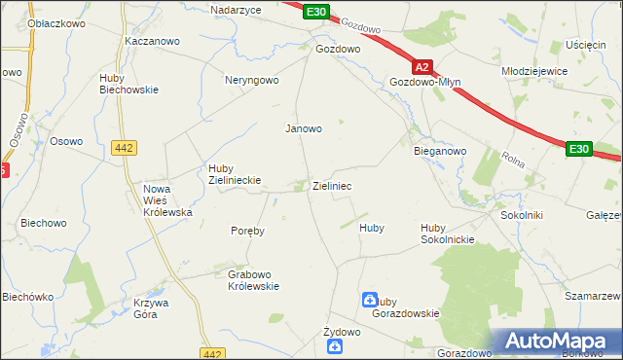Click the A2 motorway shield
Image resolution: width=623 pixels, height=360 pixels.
(421, 68)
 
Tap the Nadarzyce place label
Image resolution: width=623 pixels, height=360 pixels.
(239, 9)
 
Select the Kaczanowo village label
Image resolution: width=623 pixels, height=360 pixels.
(149, 42)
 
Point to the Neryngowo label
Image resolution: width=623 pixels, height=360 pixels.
(252, 80)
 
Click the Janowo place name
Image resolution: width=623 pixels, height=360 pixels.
(303, 127)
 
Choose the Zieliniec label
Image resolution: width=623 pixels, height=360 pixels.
(331, 185)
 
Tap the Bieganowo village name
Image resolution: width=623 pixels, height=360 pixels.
(440, 152)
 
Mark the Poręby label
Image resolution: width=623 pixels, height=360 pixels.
(247, 232)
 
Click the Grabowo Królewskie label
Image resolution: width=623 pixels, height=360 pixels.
(253, 280)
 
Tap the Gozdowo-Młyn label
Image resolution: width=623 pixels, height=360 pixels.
(424, 83)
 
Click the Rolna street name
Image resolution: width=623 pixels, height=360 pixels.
(513, 158)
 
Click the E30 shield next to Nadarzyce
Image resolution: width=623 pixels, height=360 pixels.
(314, 12)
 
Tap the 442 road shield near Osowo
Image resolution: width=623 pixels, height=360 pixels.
(124, 147)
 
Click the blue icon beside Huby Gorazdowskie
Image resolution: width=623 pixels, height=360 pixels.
(370, 302)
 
